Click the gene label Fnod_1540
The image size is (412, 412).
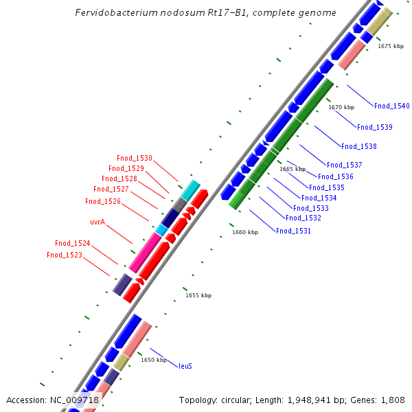pos(391,106)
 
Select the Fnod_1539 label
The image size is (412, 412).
pos(375,127)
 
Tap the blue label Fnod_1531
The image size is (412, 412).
pos(293,231)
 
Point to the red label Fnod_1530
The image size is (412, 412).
pos(135,158)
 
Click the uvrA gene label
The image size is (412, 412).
pos(98,222)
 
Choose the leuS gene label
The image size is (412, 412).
pos(185,366)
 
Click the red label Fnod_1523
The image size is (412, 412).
pos(65,255)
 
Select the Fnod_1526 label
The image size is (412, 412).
pos(103,202)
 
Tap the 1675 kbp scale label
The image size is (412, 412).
pos(391,46)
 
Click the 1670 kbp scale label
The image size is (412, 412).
pos(341,107)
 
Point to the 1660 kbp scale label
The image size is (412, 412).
pos(245,232)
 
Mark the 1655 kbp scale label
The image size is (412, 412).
pos(198,295)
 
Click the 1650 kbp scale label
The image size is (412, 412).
pos(154,359)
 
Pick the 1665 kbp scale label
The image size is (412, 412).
pos(293,169)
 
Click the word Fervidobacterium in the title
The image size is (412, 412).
pos(115,13)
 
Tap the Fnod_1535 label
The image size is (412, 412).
pos(327,187)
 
